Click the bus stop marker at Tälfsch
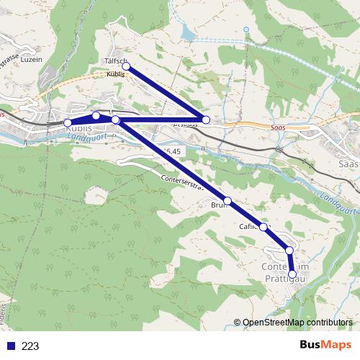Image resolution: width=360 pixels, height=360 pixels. [126, 66]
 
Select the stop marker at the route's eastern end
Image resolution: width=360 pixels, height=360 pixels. [206, 120]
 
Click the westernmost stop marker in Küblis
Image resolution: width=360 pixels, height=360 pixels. [68, 122]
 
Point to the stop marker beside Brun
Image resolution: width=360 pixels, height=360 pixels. [228, 200]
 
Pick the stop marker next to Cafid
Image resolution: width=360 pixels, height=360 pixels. [264, 227]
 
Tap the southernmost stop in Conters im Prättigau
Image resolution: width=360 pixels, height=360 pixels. [292, 274]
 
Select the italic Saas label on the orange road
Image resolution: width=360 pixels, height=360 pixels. [278, 127]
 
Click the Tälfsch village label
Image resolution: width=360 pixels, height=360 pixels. [115, 60]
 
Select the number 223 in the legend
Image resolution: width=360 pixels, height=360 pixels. [30, 346]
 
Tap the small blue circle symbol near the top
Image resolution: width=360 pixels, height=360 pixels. [245, 30]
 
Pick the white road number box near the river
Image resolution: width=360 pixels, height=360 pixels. [171, 150]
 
